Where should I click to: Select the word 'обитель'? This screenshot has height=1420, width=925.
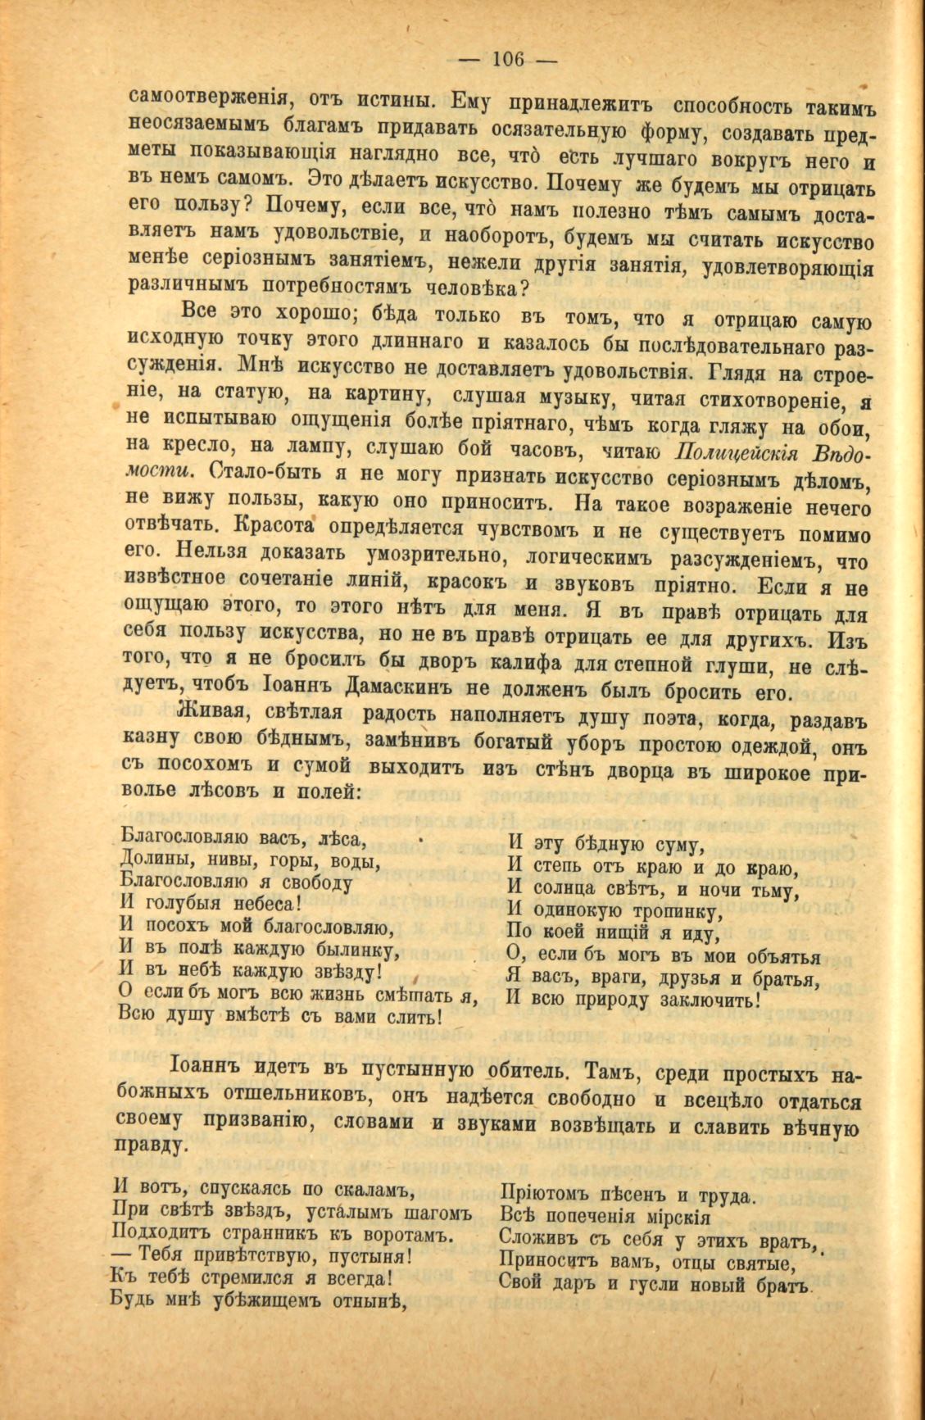(527, 1072)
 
